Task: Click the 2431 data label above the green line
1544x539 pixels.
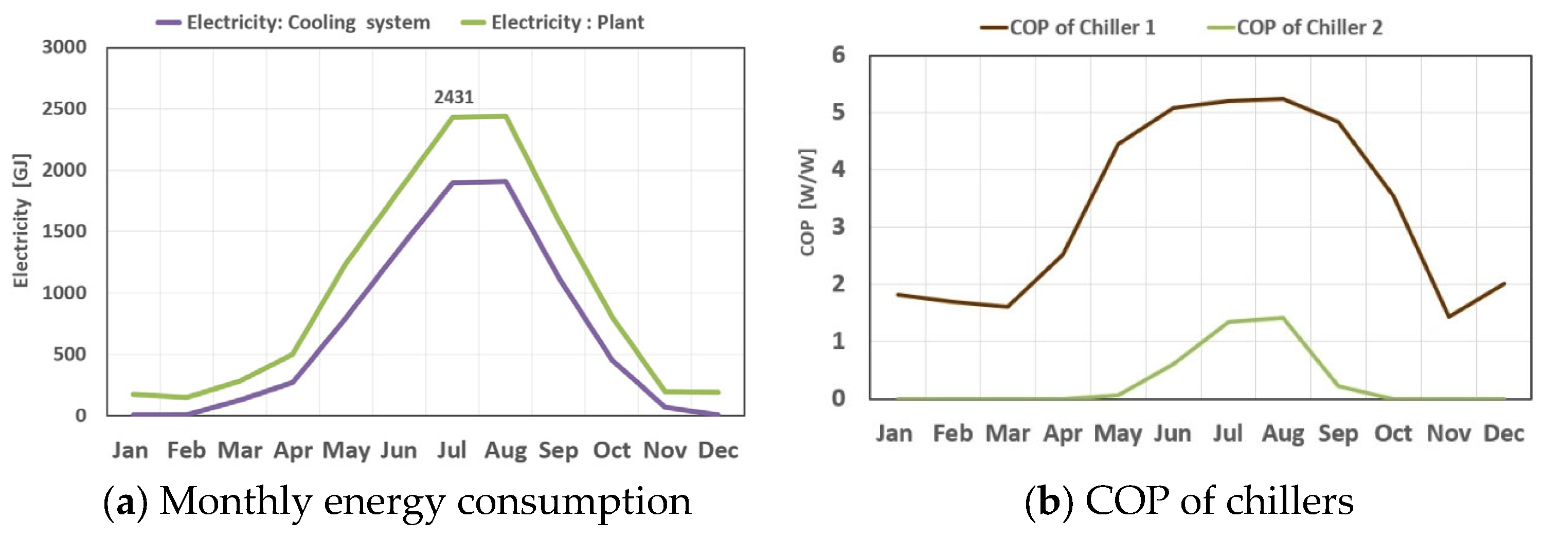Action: (454, 97)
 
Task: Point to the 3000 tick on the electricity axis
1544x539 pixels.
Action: (64, 47)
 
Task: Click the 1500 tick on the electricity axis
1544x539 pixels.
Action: (64, 231)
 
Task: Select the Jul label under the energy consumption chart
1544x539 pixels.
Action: (452, 450)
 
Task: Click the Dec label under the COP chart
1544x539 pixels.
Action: (1503, 433)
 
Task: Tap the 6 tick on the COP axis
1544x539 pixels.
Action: (838, 55)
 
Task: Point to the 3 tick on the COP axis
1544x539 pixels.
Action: (838, 227)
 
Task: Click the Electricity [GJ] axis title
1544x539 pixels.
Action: (21, 221)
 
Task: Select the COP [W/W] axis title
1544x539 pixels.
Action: (807, 202)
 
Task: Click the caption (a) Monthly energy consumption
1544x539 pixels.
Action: (398, 501)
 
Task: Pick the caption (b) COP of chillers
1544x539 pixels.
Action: (1189, 501)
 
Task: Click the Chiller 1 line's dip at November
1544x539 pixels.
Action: (1449, 316)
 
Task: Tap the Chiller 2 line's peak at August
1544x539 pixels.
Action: (1283, 318)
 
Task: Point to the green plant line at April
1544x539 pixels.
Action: (293, 354)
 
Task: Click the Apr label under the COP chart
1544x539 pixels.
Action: (1063, 433)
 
